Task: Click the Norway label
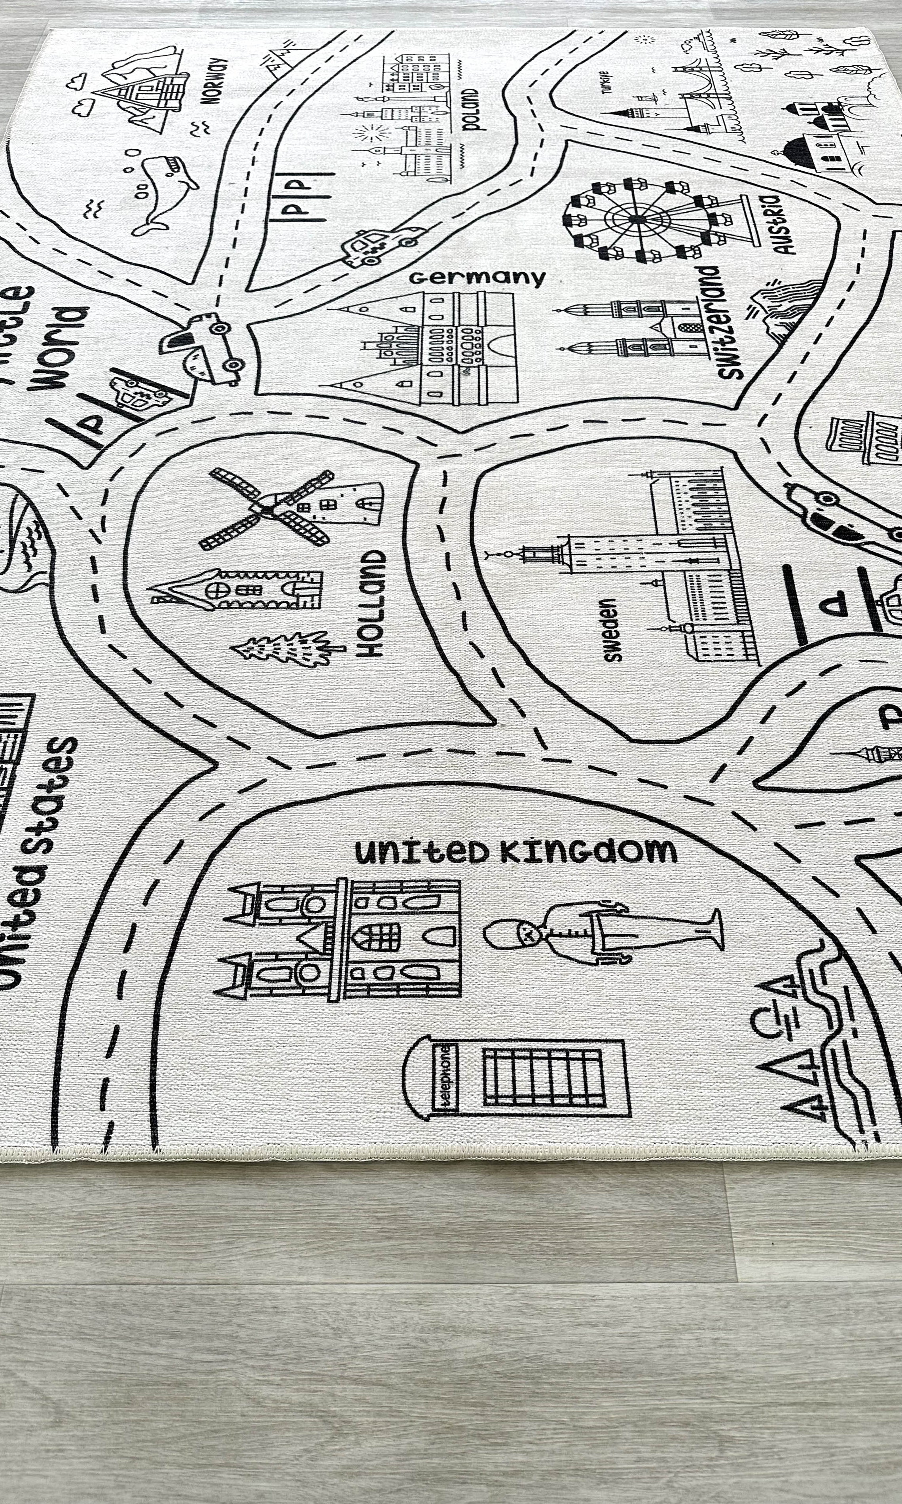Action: tap(217, 82)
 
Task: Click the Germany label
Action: tap(477, 278)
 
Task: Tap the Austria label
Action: tap(782, 224)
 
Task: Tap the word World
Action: tap(61, 348)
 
